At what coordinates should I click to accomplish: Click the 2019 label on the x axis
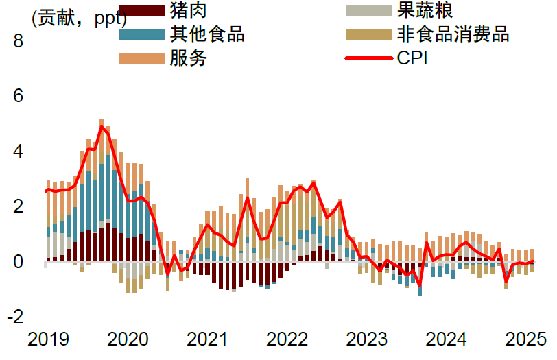coord(48,339)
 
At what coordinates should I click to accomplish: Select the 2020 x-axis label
coord(128,339)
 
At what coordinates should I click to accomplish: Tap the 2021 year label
coord(206,339)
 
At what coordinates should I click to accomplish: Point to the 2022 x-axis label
coord(287,339)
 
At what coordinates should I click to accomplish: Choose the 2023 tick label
coord(366,339)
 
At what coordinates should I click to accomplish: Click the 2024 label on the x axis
coord(446,339)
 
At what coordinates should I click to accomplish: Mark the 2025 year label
coord(525,339)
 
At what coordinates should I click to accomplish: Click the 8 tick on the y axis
coord(18,41)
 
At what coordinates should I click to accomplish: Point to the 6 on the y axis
coord(18,96)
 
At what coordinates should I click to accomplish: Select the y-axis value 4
coord(18,152)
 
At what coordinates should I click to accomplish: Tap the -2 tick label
coord(15,316)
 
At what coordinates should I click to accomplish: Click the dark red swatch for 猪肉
coord(142,10)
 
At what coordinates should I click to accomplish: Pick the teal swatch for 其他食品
coord(142,34)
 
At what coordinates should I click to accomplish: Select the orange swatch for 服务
coord(142,58)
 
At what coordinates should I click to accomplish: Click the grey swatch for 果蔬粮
coord(369,10)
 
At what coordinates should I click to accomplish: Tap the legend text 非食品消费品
coord(453,34)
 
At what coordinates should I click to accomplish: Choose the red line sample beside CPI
coord(369,58)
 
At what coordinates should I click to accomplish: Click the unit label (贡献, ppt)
coord(79,19)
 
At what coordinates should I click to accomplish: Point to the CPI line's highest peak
coord(102,126)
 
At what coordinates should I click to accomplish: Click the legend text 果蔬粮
coord(425,10)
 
